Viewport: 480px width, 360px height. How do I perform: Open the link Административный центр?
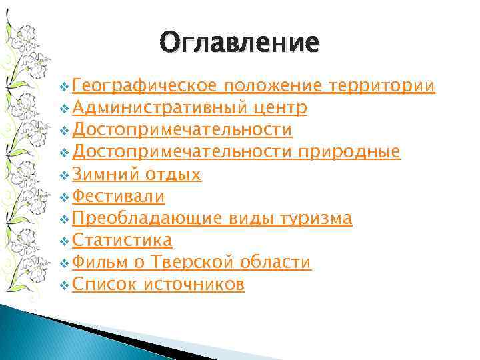pyautogui.click(x=189, y=108)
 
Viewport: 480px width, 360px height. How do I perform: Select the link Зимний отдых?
pyautogui.click(x=136, y=175)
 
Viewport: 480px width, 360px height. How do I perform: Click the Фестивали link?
pyautogui.click(x=118, y=197)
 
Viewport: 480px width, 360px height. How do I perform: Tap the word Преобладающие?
pyautogui.click(x=147, y=219)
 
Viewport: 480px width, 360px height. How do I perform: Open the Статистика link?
pyautogui.click(x=121, y=241)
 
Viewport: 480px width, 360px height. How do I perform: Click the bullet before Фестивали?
pyautogui.click(x=63, y=197)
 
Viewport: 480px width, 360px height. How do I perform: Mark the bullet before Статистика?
pyautogui.click(x=63, y=241)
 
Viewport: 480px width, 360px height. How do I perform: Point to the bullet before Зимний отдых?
pyautogui.click(x=63, y=175)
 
